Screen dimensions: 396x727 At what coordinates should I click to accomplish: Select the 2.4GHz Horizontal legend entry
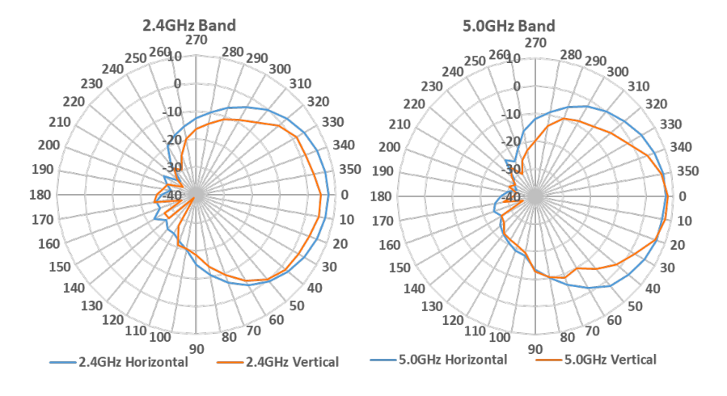[x=133, y=361]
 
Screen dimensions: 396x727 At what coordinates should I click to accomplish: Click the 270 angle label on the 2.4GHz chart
[x=195, y=40]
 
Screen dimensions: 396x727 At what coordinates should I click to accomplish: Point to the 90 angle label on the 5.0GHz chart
[x=535, y=350]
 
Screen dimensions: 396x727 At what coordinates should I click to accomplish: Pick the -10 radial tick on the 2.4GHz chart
[x=174, y=113]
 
